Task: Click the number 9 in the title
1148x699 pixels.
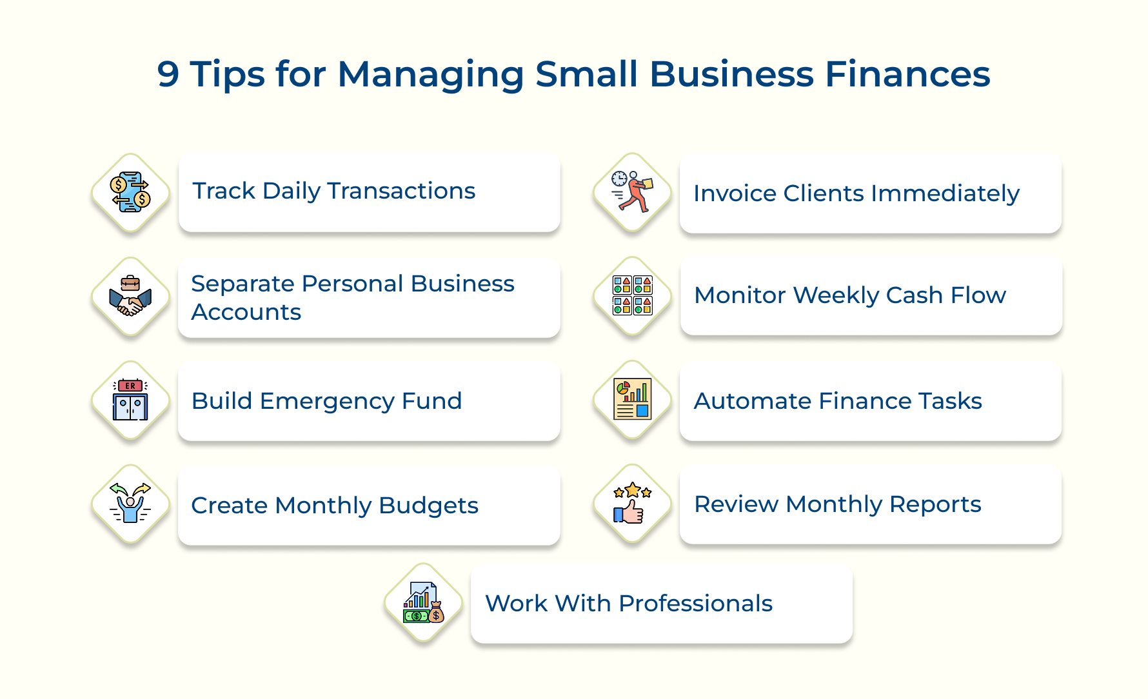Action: [168, 74]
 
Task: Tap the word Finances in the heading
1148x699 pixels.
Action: [907, 74]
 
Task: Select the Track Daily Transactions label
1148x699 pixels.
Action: [333, 191]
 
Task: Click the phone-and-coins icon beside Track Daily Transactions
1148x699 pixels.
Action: [130, 192]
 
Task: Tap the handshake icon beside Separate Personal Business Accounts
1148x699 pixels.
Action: [130, 297]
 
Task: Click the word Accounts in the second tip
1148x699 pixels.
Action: [246, 312]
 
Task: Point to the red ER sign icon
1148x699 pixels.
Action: [130, 386]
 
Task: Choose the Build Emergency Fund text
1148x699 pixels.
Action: [326, 401]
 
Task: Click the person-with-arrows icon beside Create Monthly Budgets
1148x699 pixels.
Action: [130, 504]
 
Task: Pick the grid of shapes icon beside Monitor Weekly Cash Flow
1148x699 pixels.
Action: [633, 295]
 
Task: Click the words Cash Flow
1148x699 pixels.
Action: [945, 295]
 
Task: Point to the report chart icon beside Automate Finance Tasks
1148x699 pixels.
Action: [633, 400]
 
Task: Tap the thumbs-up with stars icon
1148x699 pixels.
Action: [633, 504]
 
